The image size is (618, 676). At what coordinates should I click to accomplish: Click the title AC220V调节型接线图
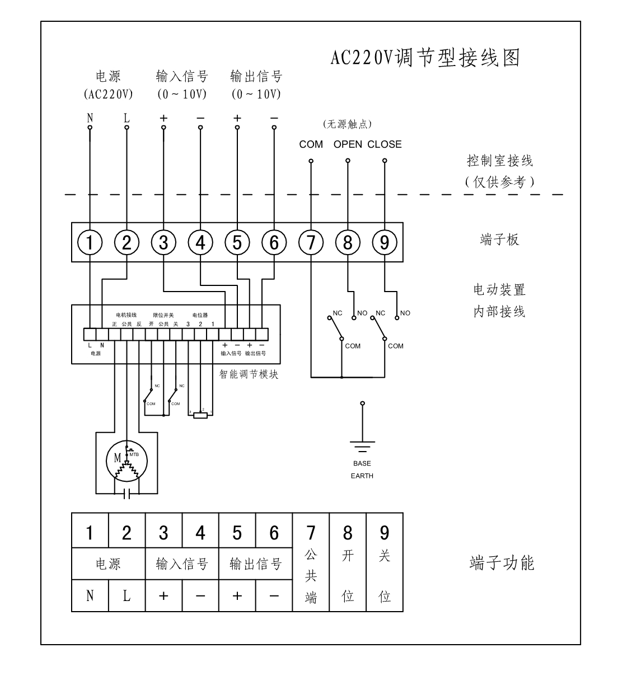pyautogui.click(x=425, y=58)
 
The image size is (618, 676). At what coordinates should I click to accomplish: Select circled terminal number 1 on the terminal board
pyautogui.click(x=90, y=242)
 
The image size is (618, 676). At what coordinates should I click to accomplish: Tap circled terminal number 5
pyautogui.click(x=237, y=242)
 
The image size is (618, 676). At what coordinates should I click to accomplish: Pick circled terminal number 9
pyautogui.click(x=385, y=242)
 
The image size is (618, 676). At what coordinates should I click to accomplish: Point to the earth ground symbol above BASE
pyautogui.click(x=362, y=445)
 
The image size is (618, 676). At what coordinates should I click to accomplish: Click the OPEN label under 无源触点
pyautogui.click(x=348, y=144)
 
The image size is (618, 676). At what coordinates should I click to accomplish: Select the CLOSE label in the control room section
pyautogui.click(x=385, y=144)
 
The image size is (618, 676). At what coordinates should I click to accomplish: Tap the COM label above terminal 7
pyautogui.click(x=311, y=144)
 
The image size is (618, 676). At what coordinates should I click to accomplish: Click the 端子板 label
pyautogui.click(x=499, y=240)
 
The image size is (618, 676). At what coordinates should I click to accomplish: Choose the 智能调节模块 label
pyautogui.click(x=249, y=374)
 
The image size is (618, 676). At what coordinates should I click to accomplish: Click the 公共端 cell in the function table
pyautogui.click(x=311, y=576)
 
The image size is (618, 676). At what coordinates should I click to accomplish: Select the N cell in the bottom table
pyautogui.click(x=90, y=596)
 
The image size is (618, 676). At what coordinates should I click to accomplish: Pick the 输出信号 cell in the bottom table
pyautogui.click(x=255, y=564)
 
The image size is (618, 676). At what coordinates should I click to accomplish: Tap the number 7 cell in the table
pyautogui.click(x=311, y=532)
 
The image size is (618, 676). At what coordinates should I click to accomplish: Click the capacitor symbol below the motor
pyautogui.click(x=127, y=494)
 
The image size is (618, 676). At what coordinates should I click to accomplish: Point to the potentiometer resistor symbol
pyautogui.click(x=200, y=415)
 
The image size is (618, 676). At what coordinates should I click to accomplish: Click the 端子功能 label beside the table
pyautogui.click(x=502, y=563)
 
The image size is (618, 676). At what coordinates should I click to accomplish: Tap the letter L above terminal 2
pyautogui.click(x=127, y=118)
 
